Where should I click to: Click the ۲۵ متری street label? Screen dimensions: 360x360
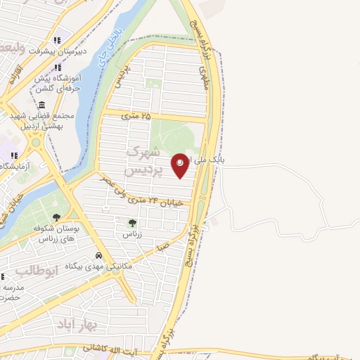137,115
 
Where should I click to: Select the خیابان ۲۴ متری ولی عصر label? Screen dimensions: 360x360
152,201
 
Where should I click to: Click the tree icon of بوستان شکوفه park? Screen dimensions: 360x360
57,217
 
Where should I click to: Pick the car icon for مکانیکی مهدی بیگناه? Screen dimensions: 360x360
100,255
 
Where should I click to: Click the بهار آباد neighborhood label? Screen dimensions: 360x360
71,323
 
